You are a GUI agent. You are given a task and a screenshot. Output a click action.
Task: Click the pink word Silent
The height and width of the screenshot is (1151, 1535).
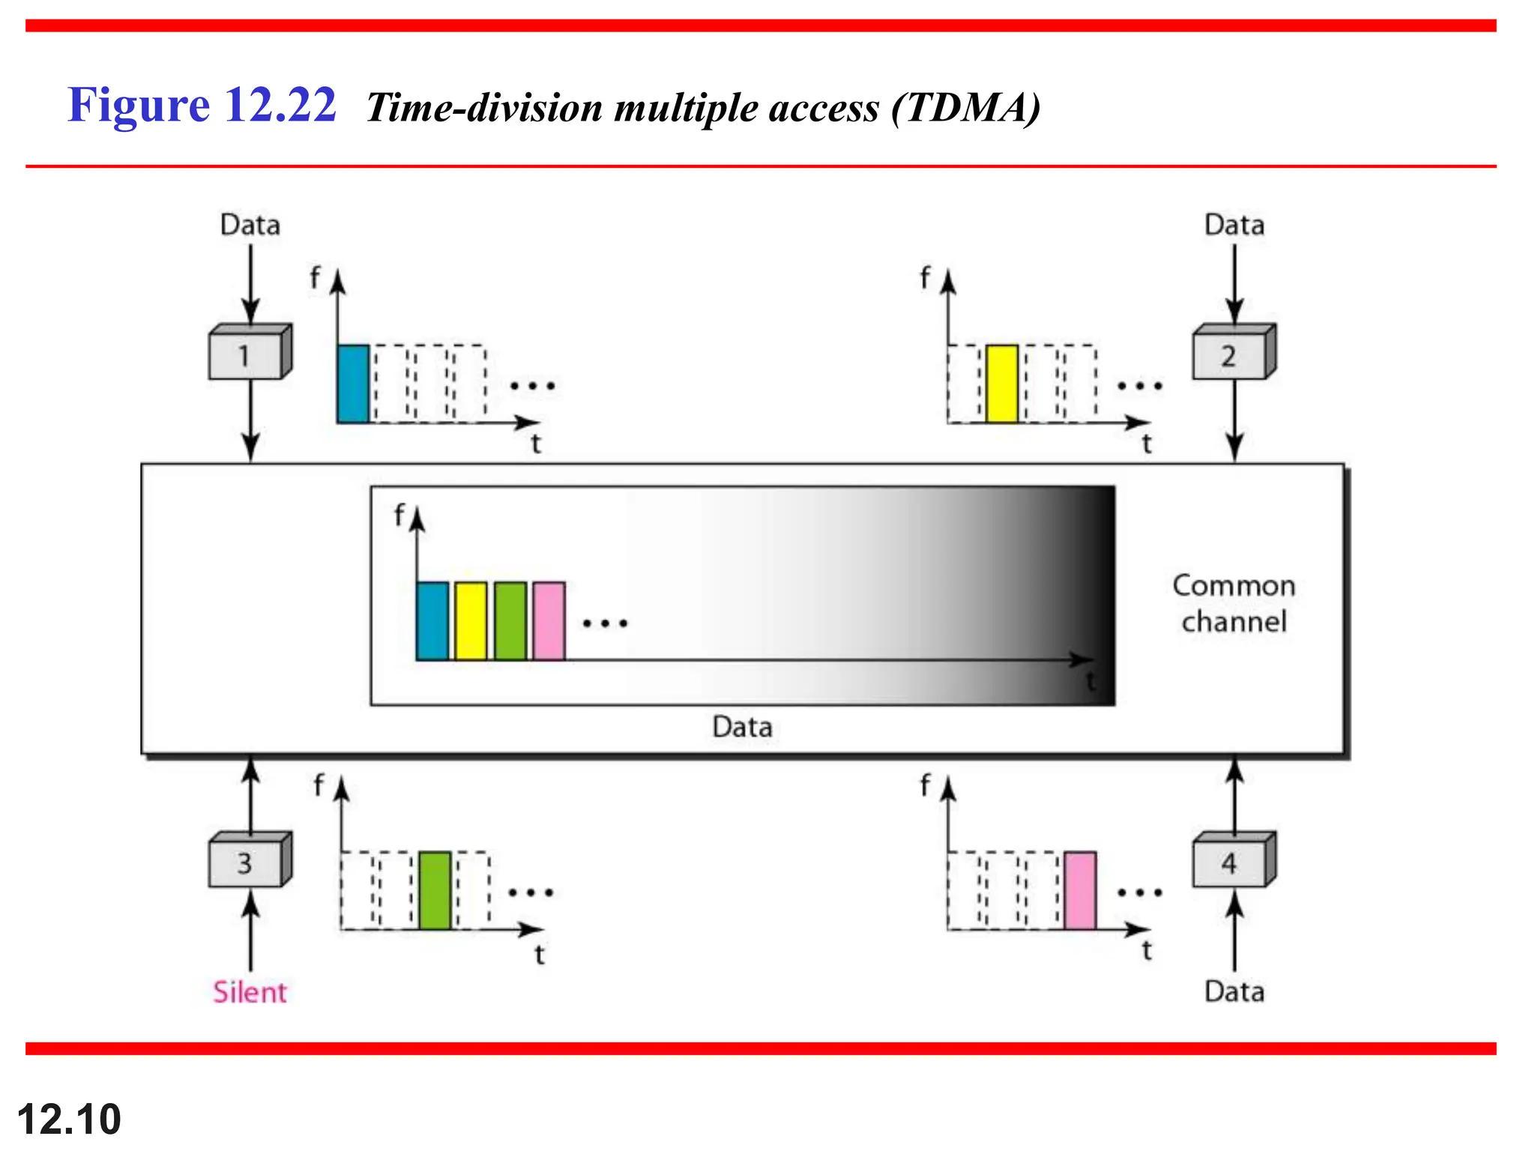pos(250,992)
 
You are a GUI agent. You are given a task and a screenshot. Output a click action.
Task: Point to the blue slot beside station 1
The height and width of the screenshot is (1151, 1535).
pos(353,384)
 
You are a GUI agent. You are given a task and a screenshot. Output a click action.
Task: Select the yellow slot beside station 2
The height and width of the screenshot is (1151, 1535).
pos(1001,384)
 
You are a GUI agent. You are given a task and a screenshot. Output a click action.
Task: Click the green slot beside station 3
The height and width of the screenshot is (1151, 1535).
pos(435,890)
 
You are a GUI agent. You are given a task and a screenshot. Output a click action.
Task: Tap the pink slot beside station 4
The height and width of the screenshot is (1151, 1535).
pos(1080,890)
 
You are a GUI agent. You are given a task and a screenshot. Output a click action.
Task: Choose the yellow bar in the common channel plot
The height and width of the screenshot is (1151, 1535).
pos(471,621)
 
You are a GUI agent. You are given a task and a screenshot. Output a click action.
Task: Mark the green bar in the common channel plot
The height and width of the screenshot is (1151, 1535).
pos(510,621)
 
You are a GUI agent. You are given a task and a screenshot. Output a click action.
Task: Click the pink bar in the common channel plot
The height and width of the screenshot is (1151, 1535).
pos(549,621)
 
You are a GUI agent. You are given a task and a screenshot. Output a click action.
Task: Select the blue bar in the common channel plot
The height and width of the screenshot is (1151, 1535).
pos(432,621)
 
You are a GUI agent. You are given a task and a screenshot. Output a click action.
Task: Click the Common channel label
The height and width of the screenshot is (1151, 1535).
pos(1234,603)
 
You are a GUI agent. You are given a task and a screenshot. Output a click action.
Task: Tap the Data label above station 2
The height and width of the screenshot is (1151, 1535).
pos(1234,225)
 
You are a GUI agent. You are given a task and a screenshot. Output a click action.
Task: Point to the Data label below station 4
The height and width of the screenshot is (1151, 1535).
pos(1234,991)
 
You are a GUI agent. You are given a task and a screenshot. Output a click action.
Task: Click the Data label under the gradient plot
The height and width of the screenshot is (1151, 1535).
pos(742,727)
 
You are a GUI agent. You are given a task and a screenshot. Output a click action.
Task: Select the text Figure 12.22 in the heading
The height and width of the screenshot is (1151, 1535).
pos(202,104)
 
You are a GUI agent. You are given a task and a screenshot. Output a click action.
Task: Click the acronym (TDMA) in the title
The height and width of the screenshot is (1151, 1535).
pos(966,108)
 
